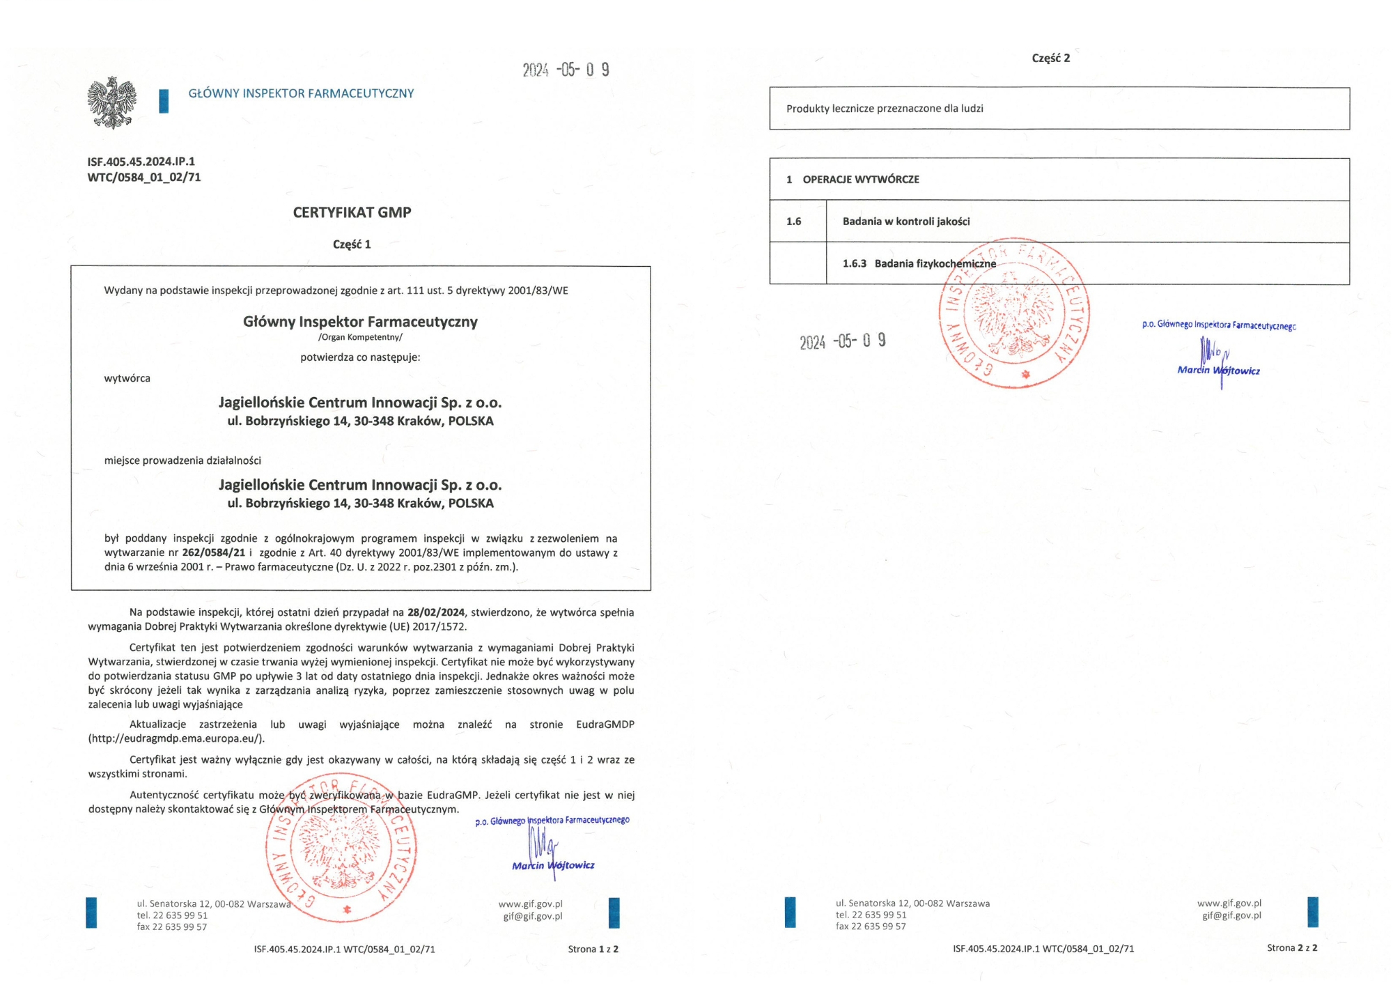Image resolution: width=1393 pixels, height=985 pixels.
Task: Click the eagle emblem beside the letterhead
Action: pyautogui.click(x=111, y=102)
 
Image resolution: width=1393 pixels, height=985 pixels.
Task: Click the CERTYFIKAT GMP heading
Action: pyautogui.click(x=352, y=212)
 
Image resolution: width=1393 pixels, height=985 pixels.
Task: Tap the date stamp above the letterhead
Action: pyautogui.click(x=566, y=70)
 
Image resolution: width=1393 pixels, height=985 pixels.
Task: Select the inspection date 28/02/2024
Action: pyautogui.click(x=436, y=612)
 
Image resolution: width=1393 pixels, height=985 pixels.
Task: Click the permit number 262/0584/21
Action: pyautogui.click(x=214, y=552)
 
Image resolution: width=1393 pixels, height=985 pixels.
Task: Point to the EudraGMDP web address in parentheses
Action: pyautogui.click(x=176, y=738)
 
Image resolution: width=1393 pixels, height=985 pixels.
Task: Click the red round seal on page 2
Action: pyautogui.click(x=1014, y=313)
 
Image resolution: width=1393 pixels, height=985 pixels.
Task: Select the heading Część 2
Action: pyautogui.click(x=1051, y=58)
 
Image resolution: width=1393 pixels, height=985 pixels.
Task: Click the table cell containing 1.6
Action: pyautogui.click(x=794, y=222)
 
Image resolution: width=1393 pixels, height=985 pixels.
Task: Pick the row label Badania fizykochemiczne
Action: pyautogui.click(x=935, y=263)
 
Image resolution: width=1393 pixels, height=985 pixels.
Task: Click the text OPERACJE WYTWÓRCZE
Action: pyautogui.click(x=861, y=180)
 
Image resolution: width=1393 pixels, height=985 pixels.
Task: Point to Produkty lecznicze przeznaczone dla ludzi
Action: pyautogui.click(x=885, y=109)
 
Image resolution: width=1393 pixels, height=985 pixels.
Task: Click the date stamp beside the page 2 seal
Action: pyautogui.click(x=842, y=341)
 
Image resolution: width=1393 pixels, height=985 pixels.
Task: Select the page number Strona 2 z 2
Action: pyautogui.click(x=1292, y=947)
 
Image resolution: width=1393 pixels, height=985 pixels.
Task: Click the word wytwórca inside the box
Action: pyautogui.click(x=127, y=378)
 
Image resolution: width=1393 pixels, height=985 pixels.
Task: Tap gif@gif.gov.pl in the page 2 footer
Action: pyautogui.click(x=1231, y=915)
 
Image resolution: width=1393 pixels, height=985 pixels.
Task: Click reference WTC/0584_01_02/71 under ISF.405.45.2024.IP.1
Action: pyautogui.click(x=144, y=178)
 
